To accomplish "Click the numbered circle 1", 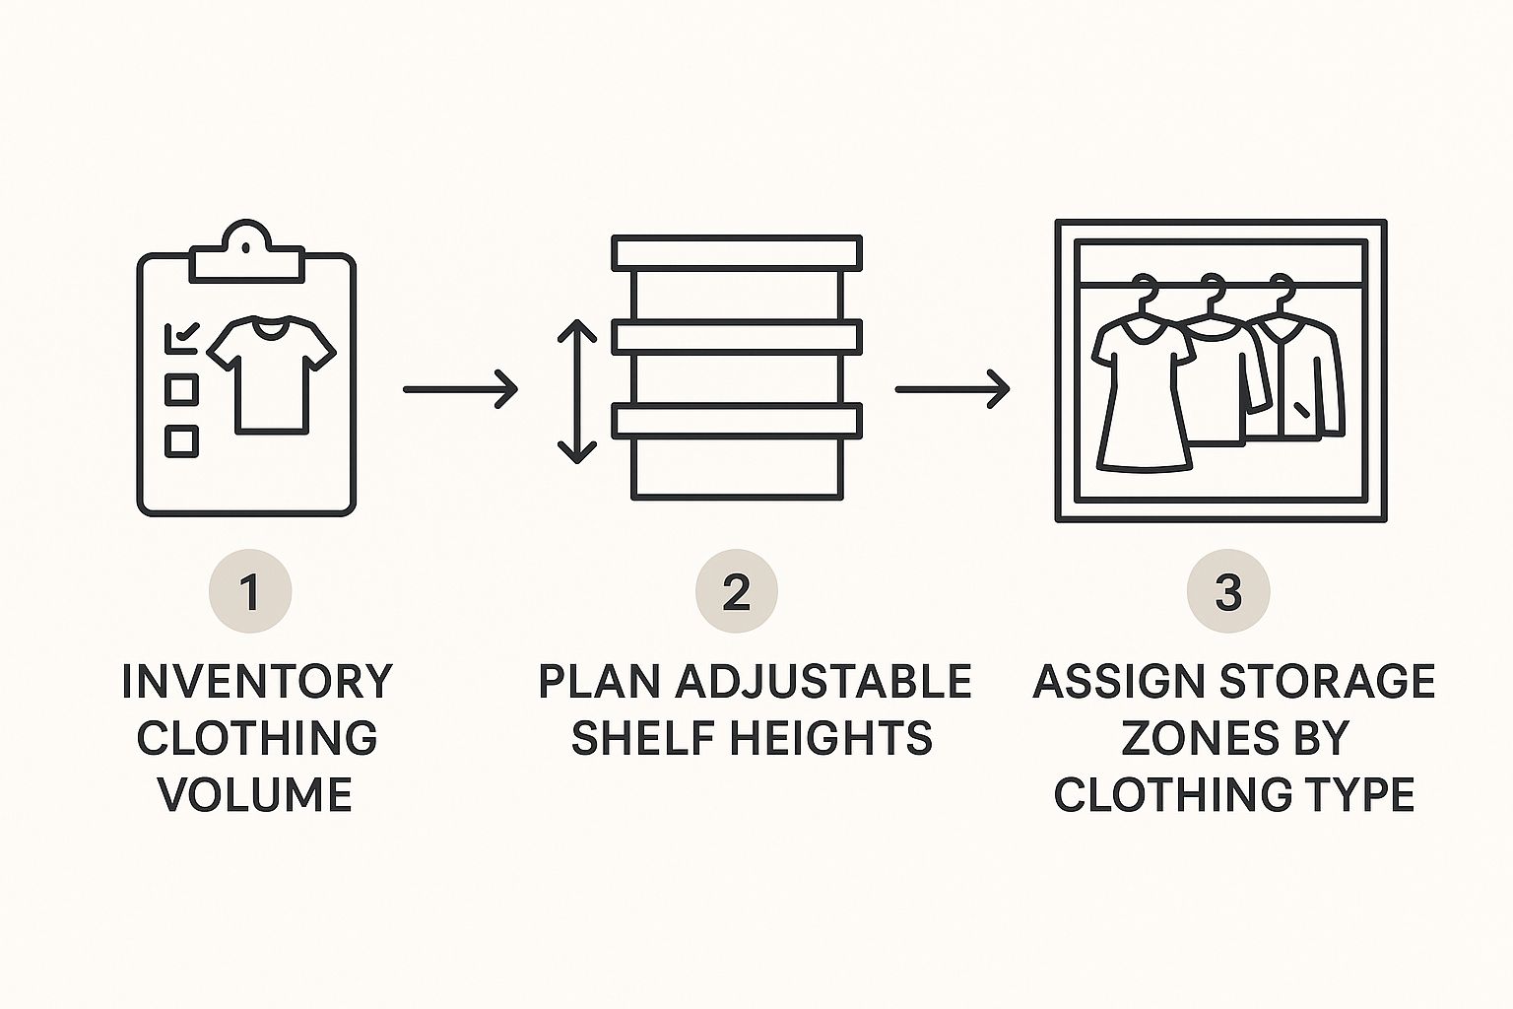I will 250,591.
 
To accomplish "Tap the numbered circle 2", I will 736,591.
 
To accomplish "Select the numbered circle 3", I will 1227,591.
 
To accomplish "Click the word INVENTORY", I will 257,682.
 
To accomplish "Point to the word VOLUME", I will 256,794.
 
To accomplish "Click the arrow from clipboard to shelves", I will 460,389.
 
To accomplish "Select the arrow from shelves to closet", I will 952,389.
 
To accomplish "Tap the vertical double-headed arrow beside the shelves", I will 577,392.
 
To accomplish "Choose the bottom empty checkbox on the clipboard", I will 181,439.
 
